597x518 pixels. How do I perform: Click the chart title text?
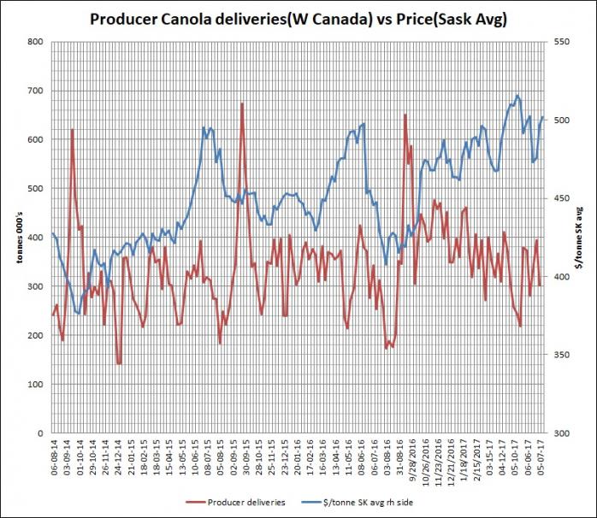[298, 19]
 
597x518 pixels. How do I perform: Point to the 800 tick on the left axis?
[35, 41]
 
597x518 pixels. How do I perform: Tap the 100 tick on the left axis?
[35, 385]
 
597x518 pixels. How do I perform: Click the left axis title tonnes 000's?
[12, 237]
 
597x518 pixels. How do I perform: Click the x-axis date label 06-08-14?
[54, 456]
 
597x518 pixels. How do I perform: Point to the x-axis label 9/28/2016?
[411, 457]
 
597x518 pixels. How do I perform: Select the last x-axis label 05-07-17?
[541, 456]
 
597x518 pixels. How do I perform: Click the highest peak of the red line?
[242, 103]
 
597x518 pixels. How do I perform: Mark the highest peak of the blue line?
[517, 95]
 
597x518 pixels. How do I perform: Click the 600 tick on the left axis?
[35, 139]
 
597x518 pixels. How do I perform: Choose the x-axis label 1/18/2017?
[465, 457]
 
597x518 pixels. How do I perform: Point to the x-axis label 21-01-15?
[130, 456]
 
